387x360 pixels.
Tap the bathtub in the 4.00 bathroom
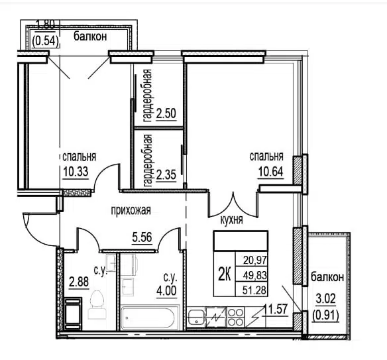[x=150, y=318]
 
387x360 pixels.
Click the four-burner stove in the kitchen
[x=235, y=318]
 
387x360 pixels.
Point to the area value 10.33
[x=76, y=171]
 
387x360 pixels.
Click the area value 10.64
[x=270, y=171]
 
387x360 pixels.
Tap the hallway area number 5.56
[x=142, y=237]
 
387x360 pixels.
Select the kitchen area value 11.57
[x=276, y=309]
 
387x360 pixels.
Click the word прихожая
[x=131, y=211]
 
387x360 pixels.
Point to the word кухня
[x=231, y=219]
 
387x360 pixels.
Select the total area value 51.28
[x=254, y=290]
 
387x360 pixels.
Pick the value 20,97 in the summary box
[x=255, y=260]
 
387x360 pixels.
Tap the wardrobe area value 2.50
[x=166, y=114]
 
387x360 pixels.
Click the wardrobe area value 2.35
[x=166, y=175]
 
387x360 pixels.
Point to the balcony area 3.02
[x=326, y=299]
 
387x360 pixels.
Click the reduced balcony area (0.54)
[x=46, y=41]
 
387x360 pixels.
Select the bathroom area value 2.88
[x=79, y=282]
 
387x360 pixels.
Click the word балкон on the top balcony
[x=90, y=36]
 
